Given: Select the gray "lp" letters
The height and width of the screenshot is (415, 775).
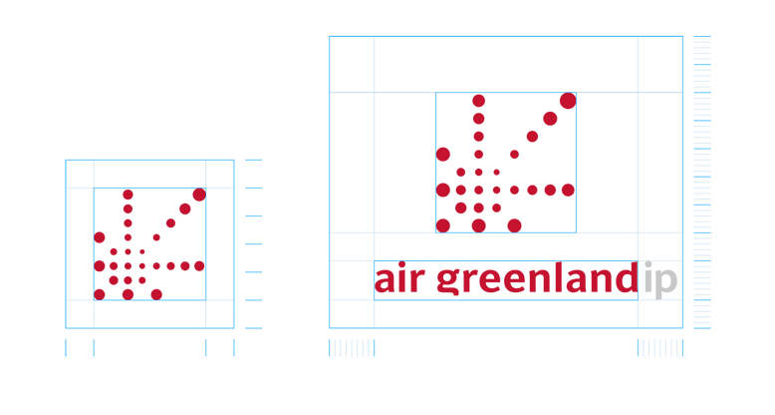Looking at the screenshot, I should pos(660,279).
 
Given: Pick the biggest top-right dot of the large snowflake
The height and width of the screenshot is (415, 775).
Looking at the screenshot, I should pos(567,102).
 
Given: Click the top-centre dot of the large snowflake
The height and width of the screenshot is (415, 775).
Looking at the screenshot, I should pos(479,101).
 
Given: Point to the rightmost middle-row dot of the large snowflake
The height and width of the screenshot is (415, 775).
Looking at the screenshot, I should pos(568,190).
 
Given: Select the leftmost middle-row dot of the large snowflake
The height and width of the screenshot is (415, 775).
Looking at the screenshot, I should pos(443,190).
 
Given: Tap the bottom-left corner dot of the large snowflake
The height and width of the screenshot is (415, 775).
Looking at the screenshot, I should pos(443,224).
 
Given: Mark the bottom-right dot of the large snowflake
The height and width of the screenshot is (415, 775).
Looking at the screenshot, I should pos(514,224).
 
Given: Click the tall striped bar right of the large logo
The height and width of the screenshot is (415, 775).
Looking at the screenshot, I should pos(702,182).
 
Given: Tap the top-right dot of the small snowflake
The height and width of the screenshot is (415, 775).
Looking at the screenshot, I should pos(198,196).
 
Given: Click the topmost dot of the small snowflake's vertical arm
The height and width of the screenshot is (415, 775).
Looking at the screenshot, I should pos(128,196).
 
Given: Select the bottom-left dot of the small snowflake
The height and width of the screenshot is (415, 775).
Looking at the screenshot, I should pos(100,293).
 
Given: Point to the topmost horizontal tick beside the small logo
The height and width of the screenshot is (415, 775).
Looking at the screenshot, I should pos(253,160).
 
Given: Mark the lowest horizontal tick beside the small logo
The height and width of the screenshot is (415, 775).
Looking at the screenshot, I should pos(253,327).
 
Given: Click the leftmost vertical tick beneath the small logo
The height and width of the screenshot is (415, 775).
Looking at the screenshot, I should pos(66,347).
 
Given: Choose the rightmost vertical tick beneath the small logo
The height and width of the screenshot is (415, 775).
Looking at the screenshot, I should pos(234,347).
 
